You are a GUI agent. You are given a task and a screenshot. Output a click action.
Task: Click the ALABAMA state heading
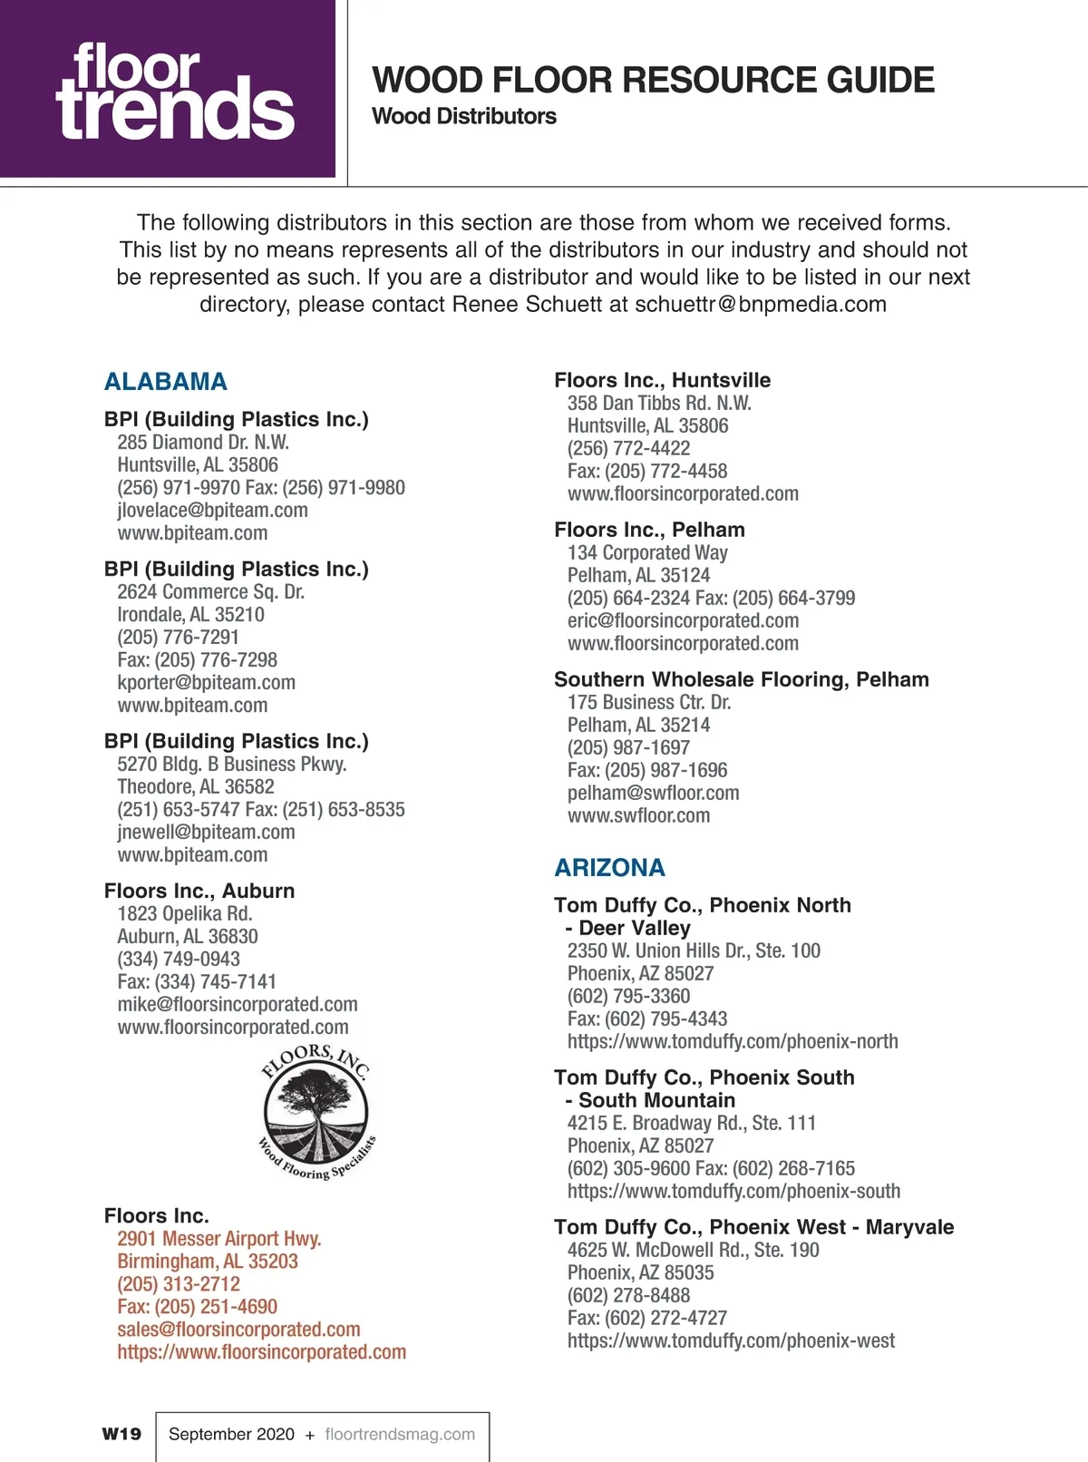click(x=166, y=382)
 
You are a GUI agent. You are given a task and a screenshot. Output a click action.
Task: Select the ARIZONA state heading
click(x=609, y=868)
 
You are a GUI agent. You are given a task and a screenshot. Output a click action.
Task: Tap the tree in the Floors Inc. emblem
click(x=316, y=1097)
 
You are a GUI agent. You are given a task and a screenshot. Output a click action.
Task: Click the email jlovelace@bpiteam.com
click(x=212, y=511)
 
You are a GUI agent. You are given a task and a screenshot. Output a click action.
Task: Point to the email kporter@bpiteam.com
click(x=206, y=683)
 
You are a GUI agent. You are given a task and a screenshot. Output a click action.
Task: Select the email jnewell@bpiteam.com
click(x=206, y=833)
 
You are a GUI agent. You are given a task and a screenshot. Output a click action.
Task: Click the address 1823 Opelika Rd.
click(x=184, y=914)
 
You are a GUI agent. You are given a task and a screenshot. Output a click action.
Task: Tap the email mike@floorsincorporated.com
click(x=238, y=1005)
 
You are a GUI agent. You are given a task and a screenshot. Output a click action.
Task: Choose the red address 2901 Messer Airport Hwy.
click(x=219, y=1239)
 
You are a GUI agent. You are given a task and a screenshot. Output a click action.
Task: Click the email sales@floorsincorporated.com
click(x=238, y=1330)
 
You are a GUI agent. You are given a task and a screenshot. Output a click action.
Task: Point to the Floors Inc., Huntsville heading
click(x=662, y=381)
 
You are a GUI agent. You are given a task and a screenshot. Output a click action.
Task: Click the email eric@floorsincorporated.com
click(x=683, y=621)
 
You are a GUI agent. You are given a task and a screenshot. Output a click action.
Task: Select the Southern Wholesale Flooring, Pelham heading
click(x=741, y=680)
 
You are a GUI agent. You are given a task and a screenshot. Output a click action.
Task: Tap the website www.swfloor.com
click(x=638, y=816)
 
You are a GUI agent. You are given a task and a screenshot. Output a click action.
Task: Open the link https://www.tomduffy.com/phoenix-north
click(x=733, y=1042)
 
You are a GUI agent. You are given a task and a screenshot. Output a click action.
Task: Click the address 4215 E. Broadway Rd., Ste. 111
click(x=691, y=1124)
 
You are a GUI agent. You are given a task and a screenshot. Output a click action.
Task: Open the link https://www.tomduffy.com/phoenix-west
click(x=731, y=1341)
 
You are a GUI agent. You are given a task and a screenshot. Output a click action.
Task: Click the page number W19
click(x=121, y=1434)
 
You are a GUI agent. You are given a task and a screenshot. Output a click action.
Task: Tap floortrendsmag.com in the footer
click(x=400, y=1435)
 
